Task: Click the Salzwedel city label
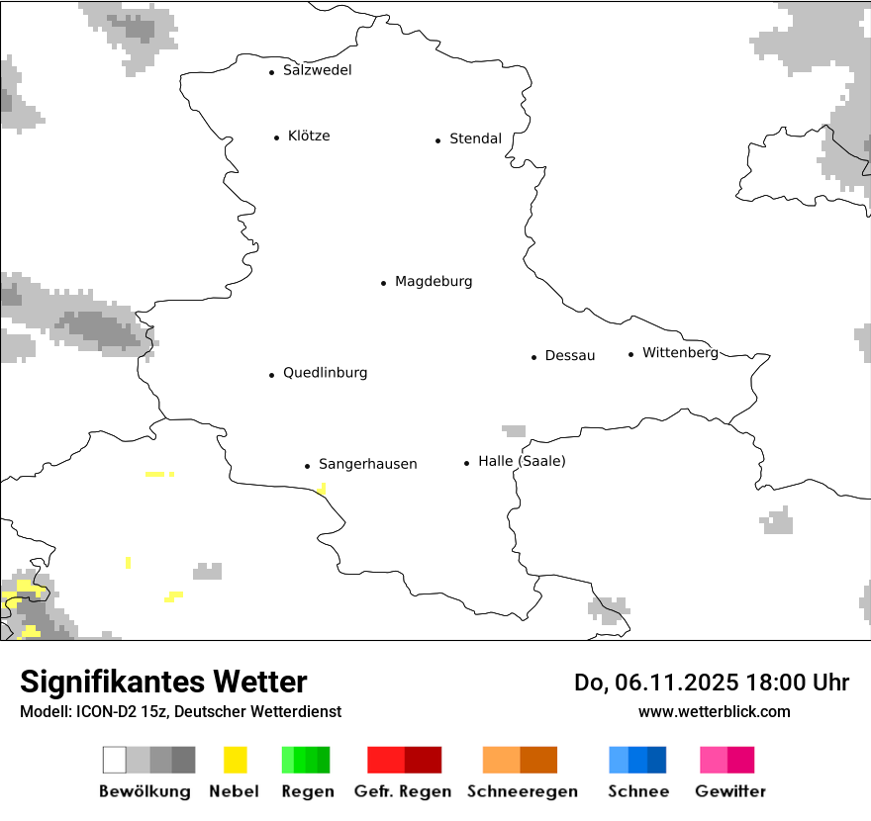point(317,70)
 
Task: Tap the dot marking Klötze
point(276,137)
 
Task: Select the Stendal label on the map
point(475,138)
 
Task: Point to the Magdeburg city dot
point(383,283)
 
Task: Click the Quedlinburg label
point(325,373)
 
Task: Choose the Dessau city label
point(570,355)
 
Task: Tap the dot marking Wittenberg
point(630,354)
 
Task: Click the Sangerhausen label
point(367,464)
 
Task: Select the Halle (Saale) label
point(522,461)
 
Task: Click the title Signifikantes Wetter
point(163,682)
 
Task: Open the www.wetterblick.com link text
point(714,711)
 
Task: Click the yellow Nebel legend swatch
point(235,760)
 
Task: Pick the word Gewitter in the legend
point(729,791)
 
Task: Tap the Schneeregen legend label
point(520,791)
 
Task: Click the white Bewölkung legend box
point(115,760)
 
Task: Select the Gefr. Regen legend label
point(403,791)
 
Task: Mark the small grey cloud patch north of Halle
point(514,431)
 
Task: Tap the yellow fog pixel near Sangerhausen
point(322,488)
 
